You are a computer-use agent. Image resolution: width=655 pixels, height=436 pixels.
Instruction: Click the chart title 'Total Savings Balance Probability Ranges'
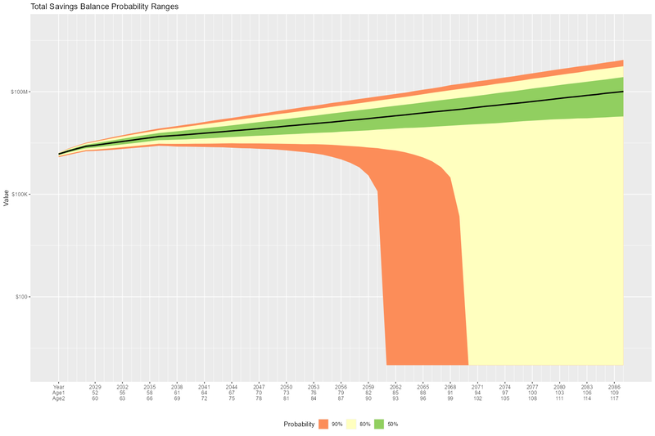coord(104,7)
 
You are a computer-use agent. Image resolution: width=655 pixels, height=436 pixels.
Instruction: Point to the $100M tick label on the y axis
coord(20,92)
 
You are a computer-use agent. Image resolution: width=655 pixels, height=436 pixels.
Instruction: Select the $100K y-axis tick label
coord(20,194)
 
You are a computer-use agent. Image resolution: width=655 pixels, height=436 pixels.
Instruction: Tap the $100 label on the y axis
coord(22,297)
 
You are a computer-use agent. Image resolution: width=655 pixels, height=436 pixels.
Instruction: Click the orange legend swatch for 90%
coord(323,425)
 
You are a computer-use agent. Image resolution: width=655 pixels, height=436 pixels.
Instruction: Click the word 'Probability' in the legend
coord(299,425)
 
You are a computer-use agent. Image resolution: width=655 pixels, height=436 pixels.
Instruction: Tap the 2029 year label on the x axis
coord(95,386)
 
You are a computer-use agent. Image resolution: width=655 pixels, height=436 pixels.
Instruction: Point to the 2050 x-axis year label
coord(286,386)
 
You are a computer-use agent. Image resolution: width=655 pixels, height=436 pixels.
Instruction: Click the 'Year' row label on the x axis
coord(58,386)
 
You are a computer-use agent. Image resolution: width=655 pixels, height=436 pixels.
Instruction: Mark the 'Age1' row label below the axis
coord(58,392)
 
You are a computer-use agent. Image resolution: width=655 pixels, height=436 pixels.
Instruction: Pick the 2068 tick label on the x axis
coord(449,386)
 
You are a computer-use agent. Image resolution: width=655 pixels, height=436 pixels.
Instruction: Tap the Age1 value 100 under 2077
coord(532,392)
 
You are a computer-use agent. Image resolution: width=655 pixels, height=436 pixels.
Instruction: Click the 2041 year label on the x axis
coord(204,386)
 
